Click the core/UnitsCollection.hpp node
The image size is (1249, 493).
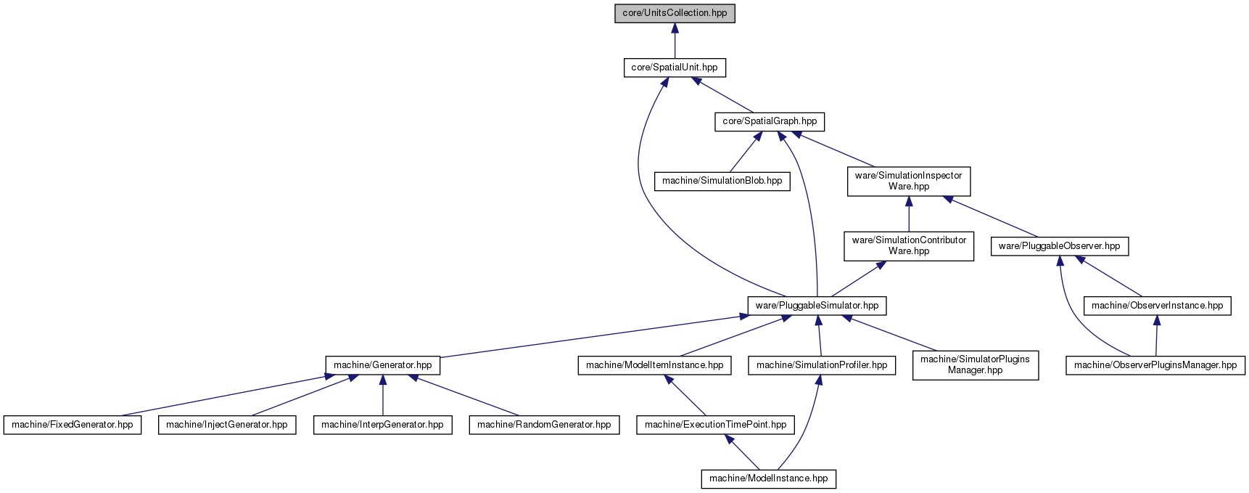[x=675, y=13]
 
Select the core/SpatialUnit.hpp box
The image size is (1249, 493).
[x=675, y=68]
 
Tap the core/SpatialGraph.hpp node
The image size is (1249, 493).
[x=770, y=121]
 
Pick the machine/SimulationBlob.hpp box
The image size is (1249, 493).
[x=722, y=181]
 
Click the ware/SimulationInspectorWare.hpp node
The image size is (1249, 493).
[x=909, y=181]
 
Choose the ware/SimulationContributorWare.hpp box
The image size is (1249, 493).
[x=909, y=245]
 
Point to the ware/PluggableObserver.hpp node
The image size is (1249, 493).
[x=1059, y=246]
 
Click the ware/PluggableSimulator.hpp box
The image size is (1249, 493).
[x=817, y=306]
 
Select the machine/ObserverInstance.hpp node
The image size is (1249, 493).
[x=1157, y=306]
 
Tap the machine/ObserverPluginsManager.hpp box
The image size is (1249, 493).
[x=1155, y=365]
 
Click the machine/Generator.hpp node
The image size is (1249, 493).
[x=382, y=365]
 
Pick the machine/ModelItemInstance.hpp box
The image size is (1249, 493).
[x=654, y=365]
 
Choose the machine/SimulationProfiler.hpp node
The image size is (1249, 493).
[x=822, y=365]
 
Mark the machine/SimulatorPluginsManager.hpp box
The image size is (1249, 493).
[x=975, y=364]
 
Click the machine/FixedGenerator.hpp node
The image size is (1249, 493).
[x=73, y=425]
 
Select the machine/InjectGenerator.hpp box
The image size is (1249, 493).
[x=227, y=425]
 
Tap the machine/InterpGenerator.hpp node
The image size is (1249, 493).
[x=382, y=425]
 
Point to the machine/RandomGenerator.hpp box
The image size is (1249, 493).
[x=544, y=425]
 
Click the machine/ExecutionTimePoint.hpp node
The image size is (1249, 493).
[x=715, y=425]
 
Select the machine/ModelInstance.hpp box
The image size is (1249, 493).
[x=769, y=478]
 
